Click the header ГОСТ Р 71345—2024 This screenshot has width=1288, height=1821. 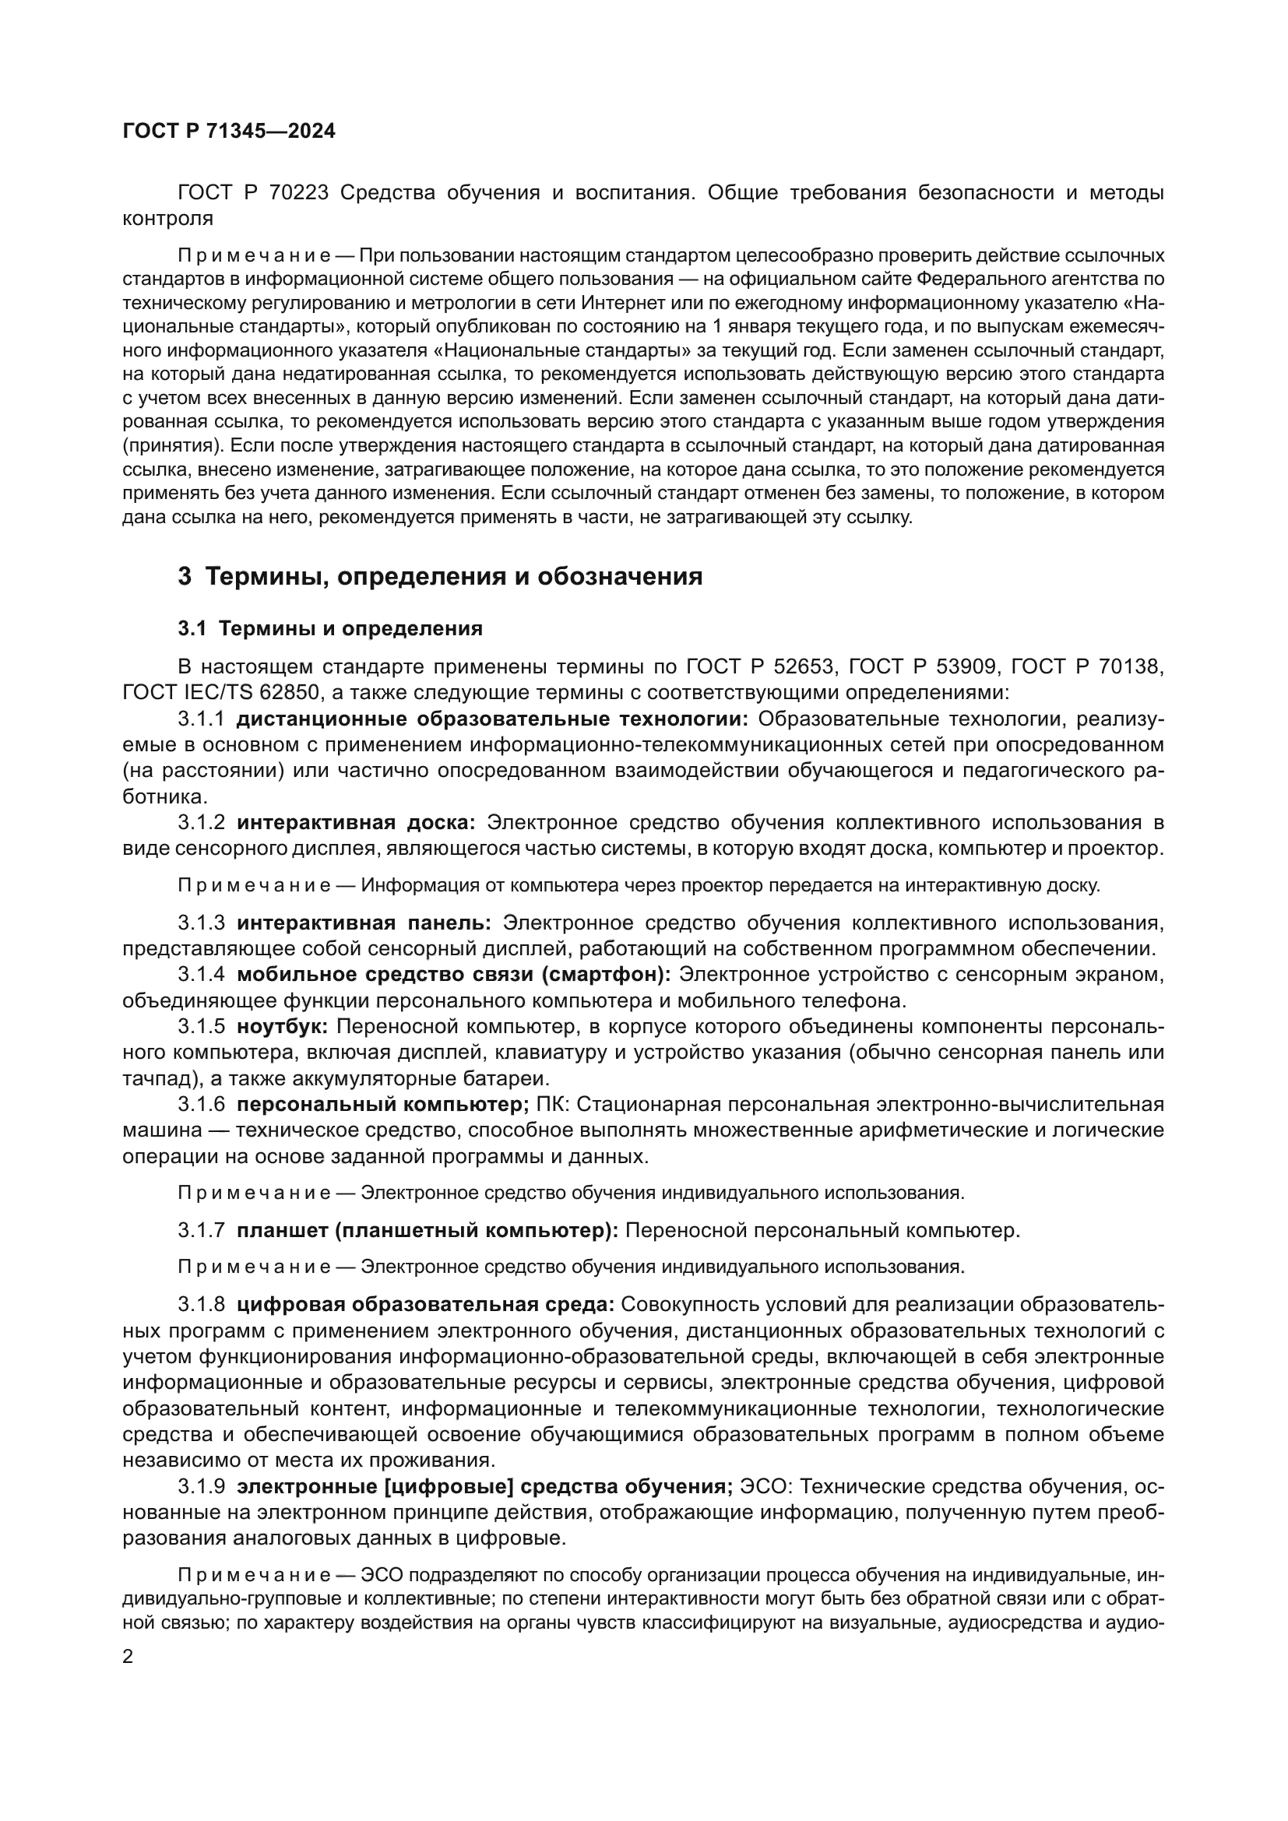229,132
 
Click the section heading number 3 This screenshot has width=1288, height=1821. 185,577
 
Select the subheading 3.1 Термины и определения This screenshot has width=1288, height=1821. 330,629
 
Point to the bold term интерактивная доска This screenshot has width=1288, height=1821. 355,822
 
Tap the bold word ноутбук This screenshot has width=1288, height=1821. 282,1027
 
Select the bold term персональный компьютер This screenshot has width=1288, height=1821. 382,1104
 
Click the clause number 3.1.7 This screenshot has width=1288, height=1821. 202,1231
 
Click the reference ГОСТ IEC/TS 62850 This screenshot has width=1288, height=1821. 221,692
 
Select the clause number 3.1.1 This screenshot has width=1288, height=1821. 202,719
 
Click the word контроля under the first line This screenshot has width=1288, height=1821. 168,219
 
